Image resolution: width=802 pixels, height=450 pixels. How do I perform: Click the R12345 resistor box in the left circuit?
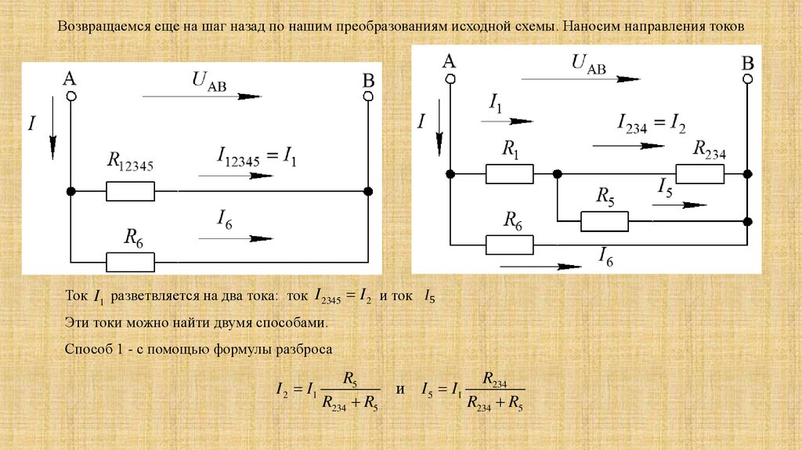(x=130, y=191)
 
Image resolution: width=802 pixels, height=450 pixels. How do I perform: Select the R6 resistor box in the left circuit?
(x=130, y=261)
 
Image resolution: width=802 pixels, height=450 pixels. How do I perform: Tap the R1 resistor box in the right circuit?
(x=509, y=173)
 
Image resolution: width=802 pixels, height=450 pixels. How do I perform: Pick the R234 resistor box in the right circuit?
(x=699, y=173)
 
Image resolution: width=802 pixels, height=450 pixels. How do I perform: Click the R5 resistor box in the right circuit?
(x=604, y=221)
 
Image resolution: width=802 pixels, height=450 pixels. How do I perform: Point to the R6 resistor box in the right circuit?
(x=509, y=245)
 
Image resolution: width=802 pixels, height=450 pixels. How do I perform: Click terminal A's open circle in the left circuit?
(x=70, y=96)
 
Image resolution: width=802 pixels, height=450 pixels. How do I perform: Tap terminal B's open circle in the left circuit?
(x=367, y=96)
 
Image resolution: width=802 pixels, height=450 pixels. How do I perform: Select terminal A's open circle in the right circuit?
(x=450, y=78)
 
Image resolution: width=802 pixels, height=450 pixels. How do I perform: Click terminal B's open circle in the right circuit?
(x=748, y=78)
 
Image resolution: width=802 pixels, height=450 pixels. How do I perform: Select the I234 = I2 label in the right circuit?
(x=651, y=124)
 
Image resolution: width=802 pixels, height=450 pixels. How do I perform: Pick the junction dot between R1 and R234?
(x=556, y=173)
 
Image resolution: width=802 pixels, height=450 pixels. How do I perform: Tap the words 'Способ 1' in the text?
(x=91, y=350)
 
